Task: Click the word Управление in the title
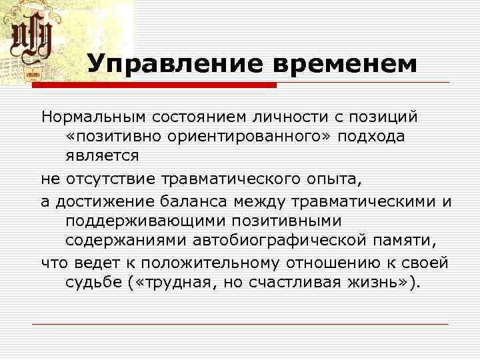coord(175,65)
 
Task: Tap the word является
coord(102,156)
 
